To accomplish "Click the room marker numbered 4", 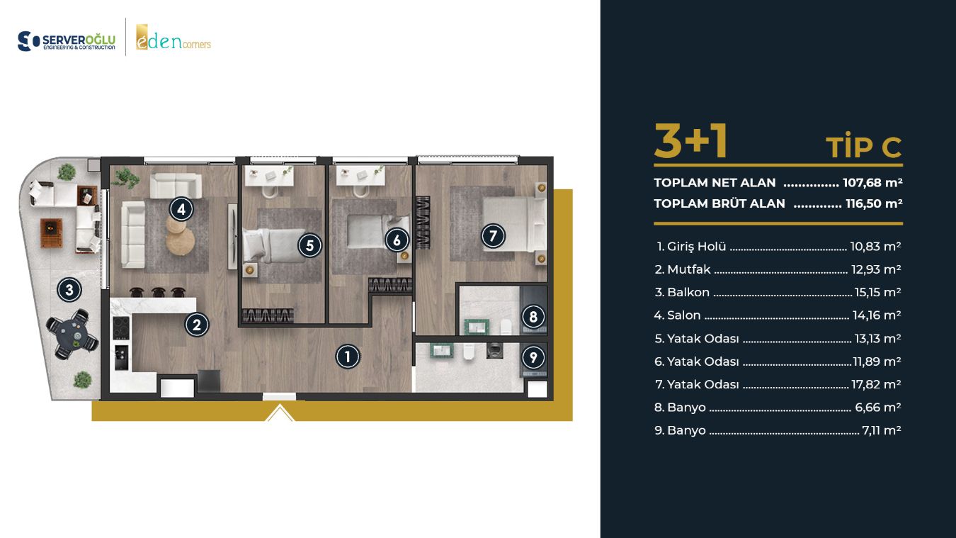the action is (181, 209).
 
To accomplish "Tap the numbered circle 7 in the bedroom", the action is (493, 236).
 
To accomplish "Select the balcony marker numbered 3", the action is (69, 290).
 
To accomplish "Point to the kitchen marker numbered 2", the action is (197, 325).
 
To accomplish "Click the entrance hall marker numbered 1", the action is (348, 357).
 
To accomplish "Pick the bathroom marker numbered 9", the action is (533, 357).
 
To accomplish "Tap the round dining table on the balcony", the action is (72, 334).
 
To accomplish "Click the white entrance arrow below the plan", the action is (280, 413).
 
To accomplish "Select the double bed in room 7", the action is (514, 223).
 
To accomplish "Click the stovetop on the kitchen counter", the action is (120, 328).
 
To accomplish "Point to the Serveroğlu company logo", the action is (66, 41).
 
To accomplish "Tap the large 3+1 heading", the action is (691, 142).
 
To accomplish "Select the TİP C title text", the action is (863, 148).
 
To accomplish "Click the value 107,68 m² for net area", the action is (872, 182).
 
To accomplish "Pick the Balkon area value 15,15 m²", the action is (877, 292).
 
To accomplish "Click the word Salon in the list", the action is (683, 315).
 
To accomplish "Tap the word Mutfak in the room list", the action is (689, 269).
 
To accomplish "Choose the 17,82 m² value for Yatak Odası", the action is (876, 384).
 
